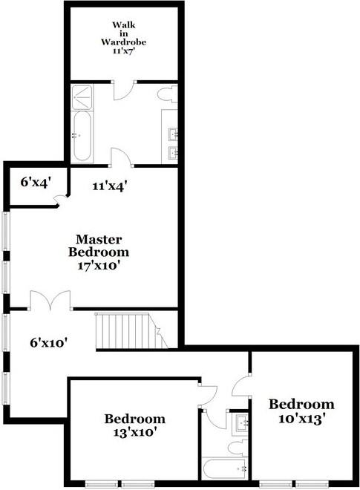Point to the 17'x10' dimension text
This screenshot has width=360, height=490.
(109, 264)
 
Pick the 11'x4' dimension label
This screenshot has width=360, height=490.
(109, 186)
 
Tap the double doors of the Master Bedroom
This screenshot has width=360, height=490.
(50, 301)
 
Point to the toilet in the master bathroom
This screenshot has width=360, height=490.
(170, 94)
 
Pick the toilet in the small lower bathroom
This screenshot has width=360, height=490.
(237, 447)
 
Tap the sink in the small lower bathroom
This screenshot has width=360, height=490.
(240, 424)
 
